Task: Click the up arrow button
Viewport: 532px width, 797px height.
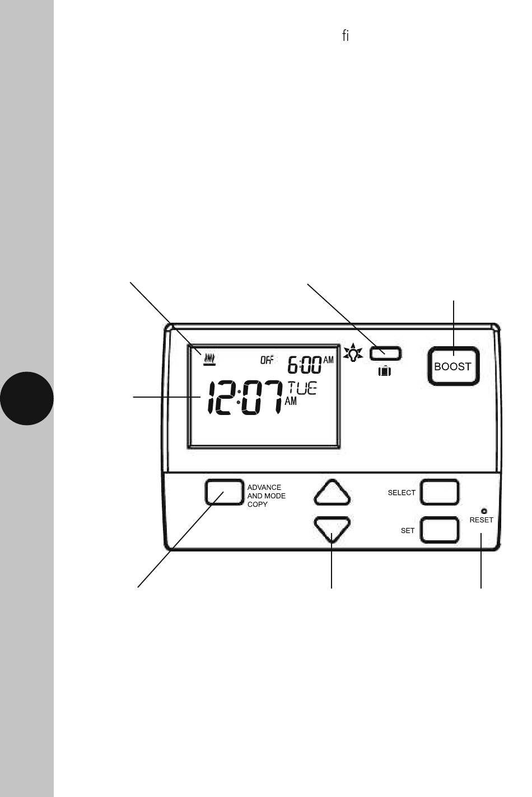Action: pos(333,493)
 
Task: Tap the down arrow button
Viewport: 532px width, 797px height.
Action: pos(333,528)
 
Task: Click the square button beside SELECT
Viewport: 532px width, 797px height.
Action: pos(440,492)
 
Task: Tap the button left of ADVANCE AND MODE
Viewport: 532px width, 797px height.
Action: pos(224,492)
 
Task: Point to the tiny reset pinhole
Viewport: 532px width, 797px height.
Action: pos(484,511)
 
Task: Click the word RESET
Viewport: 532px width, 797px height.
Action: pos(482,520)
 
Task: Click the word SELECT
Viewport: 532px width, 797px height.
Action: pos(402,493)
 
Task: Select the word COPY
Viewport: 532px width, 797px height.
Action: pos(258,504)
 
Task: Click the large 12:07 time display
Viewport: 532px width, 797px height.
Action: pos(245,398)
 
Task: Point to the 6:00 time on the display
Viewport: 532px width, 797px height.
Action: pos(305,366)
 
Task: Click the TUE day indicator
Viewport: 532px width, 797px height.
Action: pos(302,388)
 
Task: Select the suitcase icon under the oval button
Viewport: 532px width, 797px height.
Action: pos(385,370)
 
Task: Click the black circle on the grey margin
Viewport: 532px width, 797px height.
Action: pos(27,398)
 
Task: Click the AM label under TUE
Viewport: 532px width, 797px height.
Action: pos(291,402)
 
